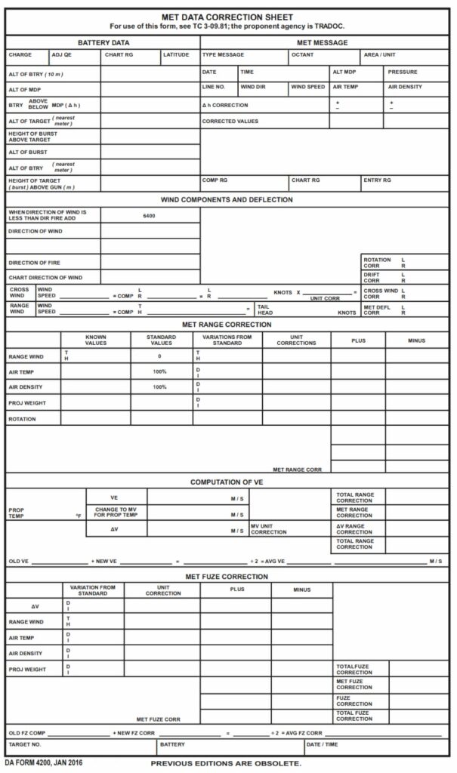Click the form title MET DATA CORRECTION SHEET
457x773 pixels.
(x=227, y=17)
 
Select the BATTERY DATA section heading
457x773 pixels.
(x=103, y=43)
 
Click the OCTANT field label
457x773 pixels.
(x=302, y=55)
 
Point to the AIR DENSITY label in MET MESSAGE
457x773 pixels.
(x=405, y=87)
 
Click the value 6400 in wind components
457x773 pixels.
(x=149, y=216)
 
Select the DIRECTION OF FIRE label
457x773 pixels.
(x=34, y=263)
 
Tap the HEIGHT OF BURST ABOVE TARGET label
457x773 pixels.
(x=32, y=137)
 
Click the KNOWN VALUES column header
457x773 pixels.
(x=96, y=340)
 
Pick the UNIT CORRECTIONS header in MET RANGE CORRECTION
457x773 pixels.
(x=296, y=340)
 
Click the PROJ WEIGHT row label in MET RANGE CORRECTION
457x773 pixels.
(x=27, y=402)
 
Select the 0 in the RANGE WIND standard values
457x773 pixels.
(x=159, y=356)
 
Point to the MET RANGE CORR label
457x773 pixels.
(x=297, y=470)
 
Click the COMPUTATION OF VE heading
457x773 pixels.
(x=227, y=482)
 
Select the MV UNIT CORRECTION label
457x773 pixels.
(x=269, y=528)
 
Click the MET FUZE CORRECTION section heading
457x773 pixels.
(x=227, y=577)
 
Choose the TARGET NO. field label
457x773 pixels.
(x=24, y=744)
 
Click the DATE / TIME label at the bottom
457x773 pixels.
(x=322, y=744)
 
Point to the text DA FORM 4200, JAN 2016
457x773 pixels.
(x=44, y=763)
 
